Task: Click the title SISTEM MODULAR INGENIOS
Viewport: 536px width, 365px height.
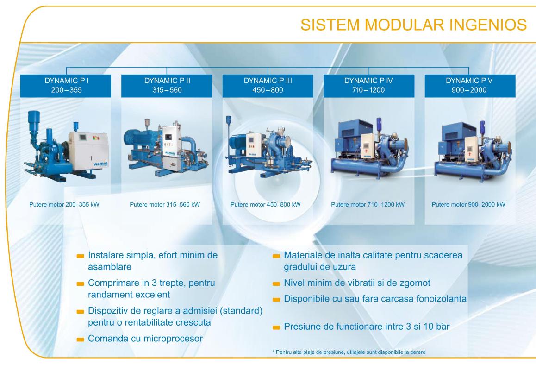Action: (413, 25)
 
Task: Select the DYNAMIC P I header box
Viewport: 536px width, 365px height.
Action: (66, 86)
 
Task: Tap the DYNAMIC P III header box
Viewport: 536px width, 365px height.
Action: (268, 86)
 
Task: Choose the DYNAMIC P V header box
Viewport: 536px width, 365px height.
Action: (470, 86)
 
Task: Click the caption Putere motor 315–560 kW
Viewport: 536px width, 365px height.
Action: (165, 205)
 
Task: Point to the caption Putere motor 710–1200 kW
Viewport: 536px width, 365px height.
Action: (368, 205)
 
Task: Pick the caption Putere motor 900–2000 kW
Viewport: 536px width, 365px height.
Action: (468, 205)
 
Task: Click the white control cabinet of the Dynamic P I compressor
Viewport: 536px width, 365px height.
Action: (88, 151)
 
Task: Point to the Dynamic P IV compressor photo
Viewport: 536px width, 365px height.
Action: (369, 148)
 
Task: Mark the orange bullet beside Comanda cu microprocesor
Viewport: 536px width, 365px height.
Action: (81, 340)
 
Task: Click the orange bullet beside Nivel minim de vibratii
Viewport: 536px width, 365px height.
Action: (276, 283)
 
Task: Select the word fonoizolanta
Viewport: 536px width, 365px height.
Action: (441, 299)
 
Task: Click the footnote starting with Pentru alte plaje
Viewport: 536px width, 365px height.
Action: (349, 352)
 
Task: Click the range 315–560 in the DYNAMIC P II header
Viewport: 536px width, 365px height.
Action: (167, 90)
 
